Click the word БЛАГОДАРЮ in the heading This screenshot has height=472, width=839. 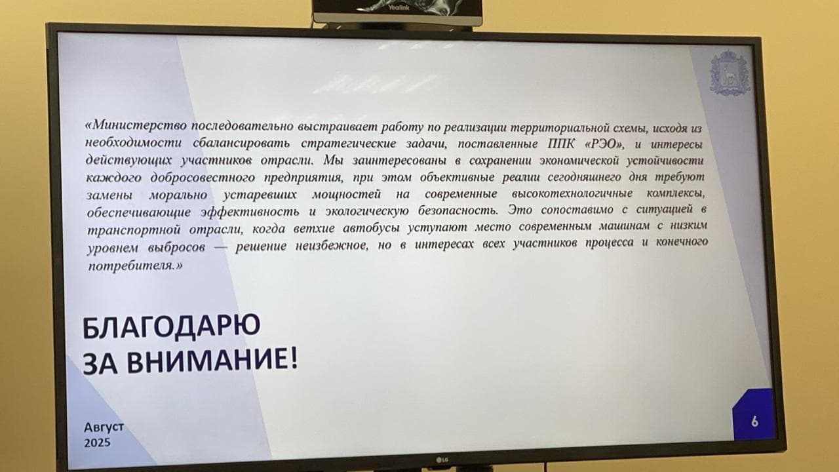171,326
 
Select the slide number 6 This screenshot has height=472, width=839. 754,422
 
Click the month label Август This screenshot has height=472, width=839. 104,427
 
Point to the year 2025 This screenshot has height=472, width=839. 98,442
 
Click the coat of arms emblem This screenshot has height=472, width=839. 730,73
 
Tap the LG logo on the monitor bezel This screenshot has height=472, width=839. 442,460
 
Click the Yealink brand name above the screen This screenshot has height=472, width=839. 399,7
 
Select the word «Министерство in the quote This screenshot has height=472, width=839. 136,125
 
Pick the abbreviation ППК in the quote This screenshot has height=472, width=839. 560,144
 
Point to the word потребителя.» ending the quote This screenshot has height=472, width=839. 135,266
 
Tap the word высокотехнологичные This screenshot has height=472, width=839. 572,193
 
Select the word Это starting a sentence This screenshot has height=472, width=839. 520,210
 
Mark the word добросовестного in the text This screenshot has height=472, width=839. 203,178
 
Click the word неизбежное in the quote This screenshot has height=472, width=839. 332,246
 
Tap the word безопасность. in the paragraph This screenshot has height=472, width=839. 458,210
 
